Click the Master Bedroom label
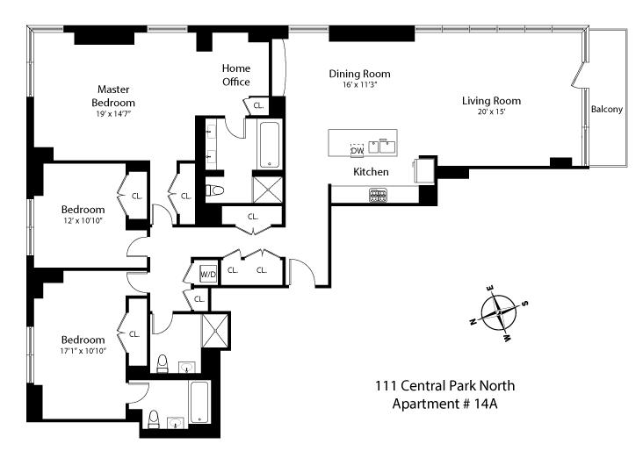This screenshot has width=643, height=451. pyautogui.click(x=115, y=96)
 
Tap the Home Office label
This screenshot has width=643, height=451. pyautogui.click(x=235, y=75)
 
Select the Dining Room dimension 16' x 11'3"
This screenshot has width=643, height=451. pyautogui.click(x=360, y=85)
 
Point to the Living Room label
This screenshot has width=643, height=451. pyautogui.click(x=492, y=101)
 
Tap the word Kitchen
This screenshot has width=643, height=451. pyautogui.click(x=371, y=172)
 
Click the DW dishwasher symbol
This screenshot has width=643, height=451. pyautogui.click(x=358, y=150)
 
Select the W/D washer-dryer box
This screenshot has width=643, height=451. pyautogui.click(x=209, y=273)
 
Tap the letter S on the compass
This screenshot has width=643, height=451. pyautogui.click(x=525, y=304)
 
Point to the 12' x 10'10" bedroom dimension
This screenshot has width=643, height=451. pyautogui.click(x=83, y=220)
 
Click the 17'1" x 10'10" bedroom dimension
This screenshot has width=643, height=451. pyautogui.click(x=83, y=351)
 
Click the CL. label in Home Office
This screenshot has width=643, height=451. pyautogui.click(x=258, y=105)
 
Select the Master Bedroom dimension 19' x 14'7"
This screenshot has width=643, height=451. pyautogui.click(x=115, y=113)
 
